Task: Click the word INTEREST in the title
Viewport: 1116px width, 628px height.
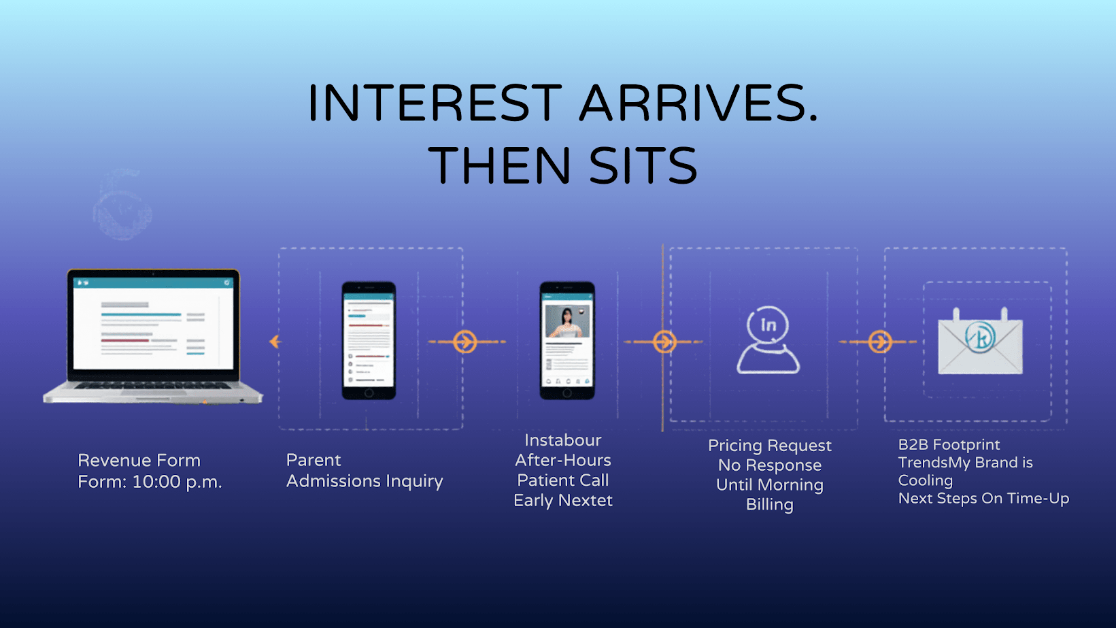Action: point(435,103)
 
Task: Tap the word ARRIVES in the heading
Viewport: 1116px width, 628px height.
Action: point(698,103)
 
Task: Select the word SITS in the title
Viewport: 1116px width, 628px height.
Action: point(643,166)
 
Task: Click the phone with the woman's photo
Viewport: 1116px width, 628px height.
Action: point(567,340)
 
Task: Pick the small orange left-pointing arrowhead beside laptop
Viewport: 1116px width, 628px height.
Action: point(275,342)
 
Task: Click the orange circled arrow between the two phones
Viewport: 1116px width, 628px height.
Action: point(465,342)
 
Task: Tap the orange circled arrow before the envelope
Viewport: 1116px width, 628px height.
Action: point(880,342)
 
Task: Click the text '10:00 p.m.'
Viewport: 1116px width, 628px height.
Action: point(177,482)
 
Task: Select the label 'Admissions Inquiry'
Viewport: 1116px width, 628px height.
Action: point(365,482)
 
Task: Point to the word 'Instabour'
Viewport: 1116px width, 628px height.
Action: point(563,440)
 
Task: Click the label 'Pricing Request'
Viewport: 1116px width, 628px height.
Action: point(770,446)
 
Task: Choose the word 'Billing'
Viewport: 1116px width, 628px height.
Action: point(770,505)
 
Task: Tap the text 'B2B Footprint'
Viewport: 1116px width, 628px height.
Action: point(949,445)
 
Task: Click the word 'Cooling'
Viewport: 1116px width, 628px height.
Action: point(926,480)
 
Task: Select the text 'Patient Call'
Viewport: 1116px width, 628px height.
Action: point(563,480)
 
